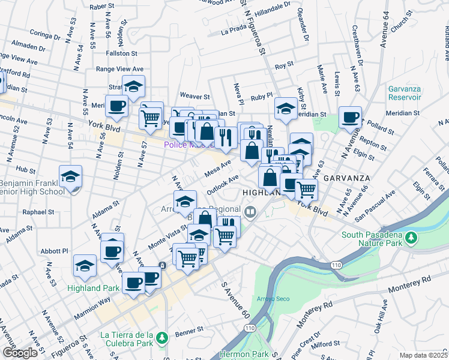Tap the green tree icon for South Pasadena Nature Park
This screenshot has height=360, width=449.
point(411,239)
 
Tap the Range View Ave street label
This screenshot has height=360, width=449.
point(120,69)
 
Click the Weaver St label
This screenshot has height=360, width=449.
point(194,96)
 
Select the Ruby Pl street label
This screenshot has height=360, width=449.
point(262,95)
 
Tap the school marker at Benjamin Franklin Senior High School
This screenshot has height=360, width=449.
point(70,178)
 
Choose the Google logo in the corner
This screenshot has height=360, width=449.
point(20,353)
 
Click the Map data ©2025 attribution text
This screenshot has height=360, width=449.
point(423,355)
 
